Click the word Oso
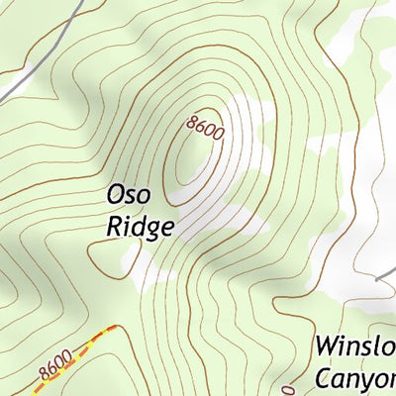point(131,196)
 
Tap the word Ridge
point(140,227)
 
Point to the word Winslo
point(354,346)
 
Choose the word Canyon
point(354,378)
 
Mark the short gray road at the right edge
point(386,278)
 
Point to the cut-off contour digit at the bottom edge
point(289,391)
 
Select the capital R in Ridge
point(113,227)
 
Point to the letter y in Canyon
point(372,381)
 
